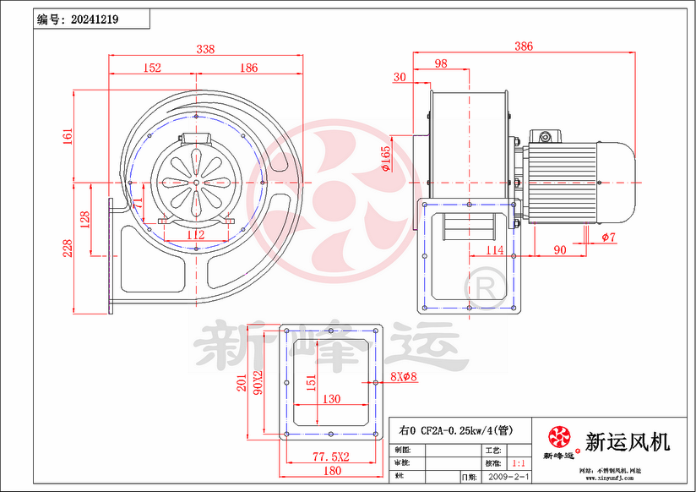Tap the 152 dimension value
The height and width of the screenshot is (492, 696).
coord(152,68)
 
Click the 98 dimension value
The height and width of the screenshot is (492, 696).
coord(441,64)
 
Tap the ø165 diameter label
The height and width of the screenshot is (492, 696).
coord(386,159)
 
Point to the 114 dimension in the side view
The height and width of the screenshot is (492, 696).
coord(494,250)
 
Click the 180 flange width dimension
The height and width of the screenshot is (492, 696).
coord(332,470)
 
